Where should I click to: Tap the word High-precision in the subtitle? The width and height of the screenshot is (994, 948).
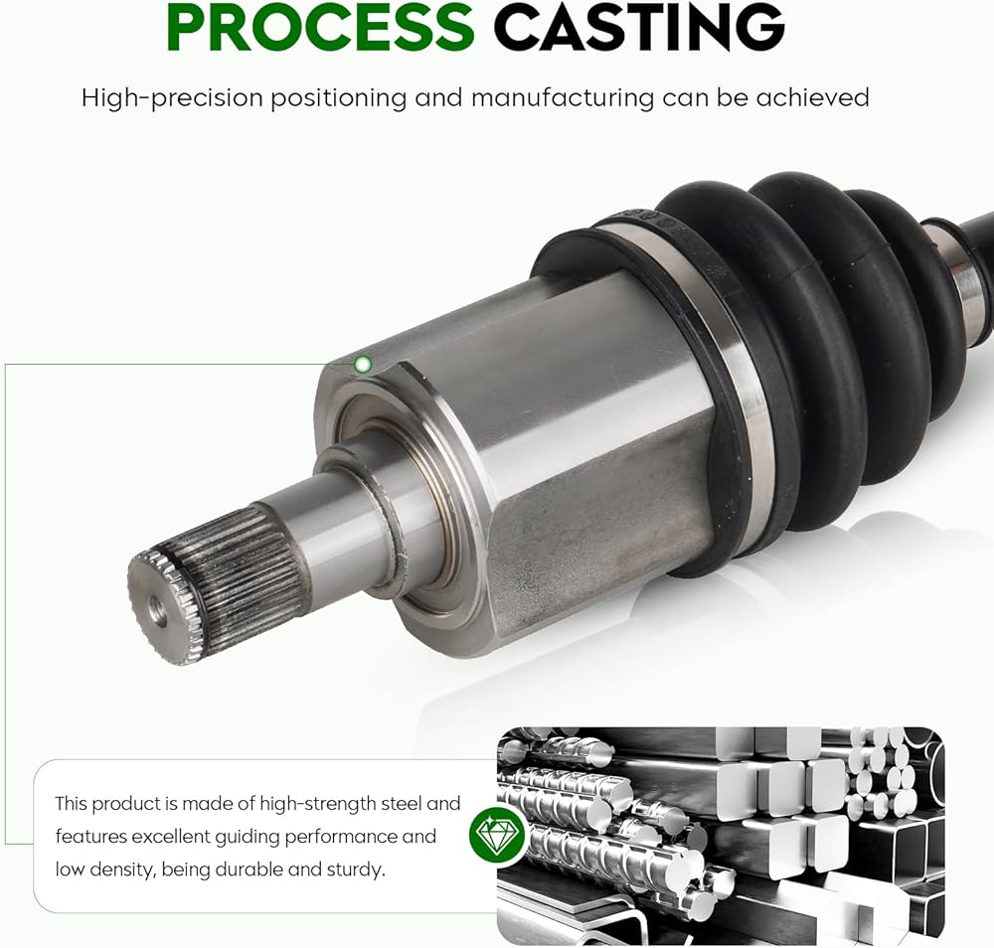point(172,98)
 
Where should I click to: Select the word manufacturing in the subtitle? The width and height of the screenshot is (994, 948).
point(563,97)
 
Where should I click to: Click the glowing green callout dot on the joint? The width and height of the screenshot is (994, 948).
point(363,365)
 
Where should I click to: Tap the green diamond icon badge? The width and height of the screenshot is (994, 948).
point(498,834)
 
